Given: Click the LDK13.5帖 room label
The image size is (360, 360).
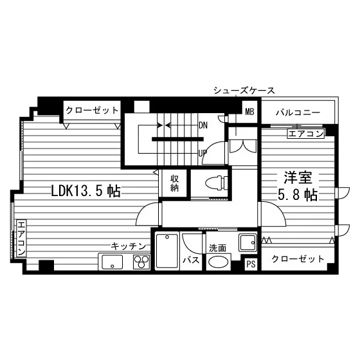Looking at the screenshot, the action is click(x=85, y=191).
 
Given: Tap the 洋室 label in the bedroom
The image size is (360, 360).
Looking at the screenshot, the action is click(x=298, y=177).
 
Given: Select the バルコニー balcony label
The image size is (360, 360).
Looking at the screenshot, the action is click(x=298, y=113).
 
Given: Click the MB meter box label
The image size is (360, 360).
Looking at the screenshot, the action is click(x=250, y=112).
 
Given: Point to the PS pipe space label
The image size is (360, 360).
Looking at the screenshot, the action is click(x=251, y=264).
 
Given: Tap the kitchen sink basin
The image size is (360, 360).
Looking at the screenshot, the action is click(x=112, y=262).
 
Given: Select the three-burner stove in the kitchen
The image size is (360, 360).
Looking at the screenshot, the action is click(x=141, y=262).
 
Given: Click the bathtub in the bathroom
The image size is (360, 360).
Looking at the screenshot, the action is click(x=167, y=251).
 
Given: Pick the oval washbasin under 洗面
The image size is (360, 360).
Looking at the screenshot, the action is click(x=218, y=262).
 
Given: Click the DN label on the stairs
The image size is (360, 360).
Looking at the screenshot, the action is click(x=203, y=125).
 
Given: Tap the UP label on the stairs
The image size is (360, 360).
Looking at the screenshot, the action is click(x=203, y=153).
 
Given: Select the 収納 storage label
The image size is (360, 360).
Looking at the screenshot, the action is click(x=175, y=183).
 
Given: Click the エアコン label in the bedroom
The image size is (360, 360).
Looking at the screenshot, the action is click(x=306, y=134).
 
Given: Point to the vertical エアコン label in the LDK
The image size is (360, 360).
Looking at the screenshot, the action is click(x=21, y=238).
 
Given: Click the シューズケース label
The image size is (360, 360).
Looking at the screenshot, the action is click(x=244, y=91).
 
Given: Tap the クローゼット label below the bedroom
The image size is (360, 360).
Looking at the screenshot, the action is click(x=298, y=258).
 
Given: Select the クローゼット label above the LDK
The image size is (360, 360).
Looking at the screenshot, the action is click(x=92, y=111).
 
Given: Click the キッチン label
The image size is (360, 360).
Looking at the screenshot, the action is click(x=129, y=246).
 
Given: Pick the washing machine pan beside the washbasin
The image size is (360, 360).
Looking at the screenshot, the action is click(x=248, y=242).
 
